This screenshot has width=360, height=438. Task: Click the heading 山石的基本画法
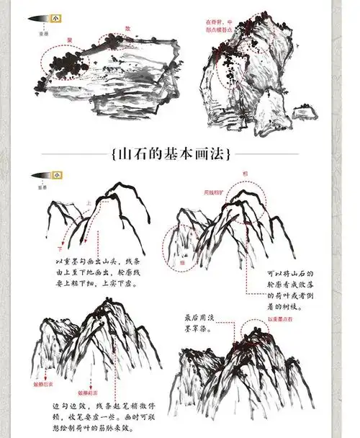tap(180, 154)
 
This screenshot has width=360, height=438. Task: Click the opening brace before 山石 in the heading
tap(116, 154)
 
